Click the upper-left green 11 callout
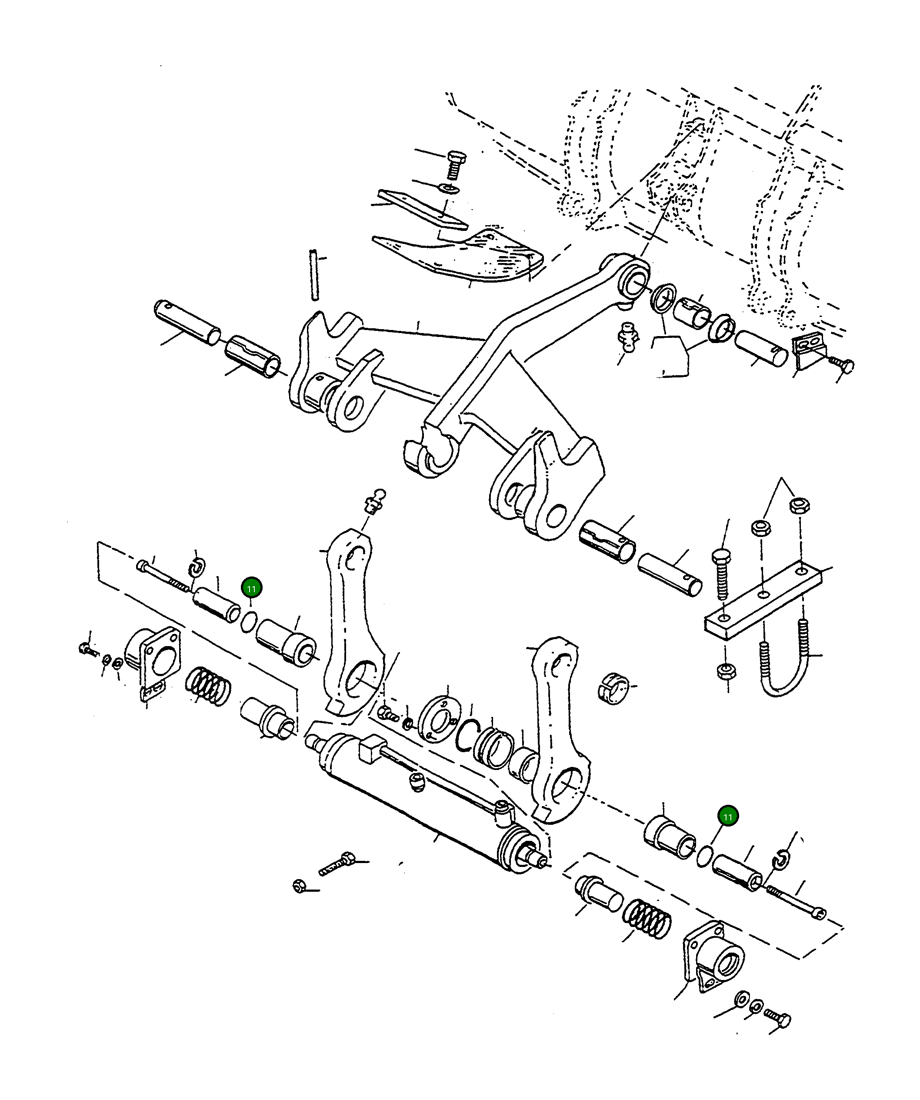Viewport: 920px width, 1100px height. (x=251, y=588)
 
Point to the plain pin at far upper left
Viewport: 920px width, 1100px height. (x=187, y=322)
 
